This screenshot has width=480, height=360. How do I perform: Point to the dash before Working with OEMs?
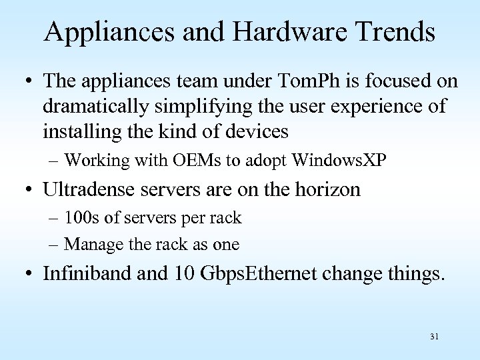[54, 161]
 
